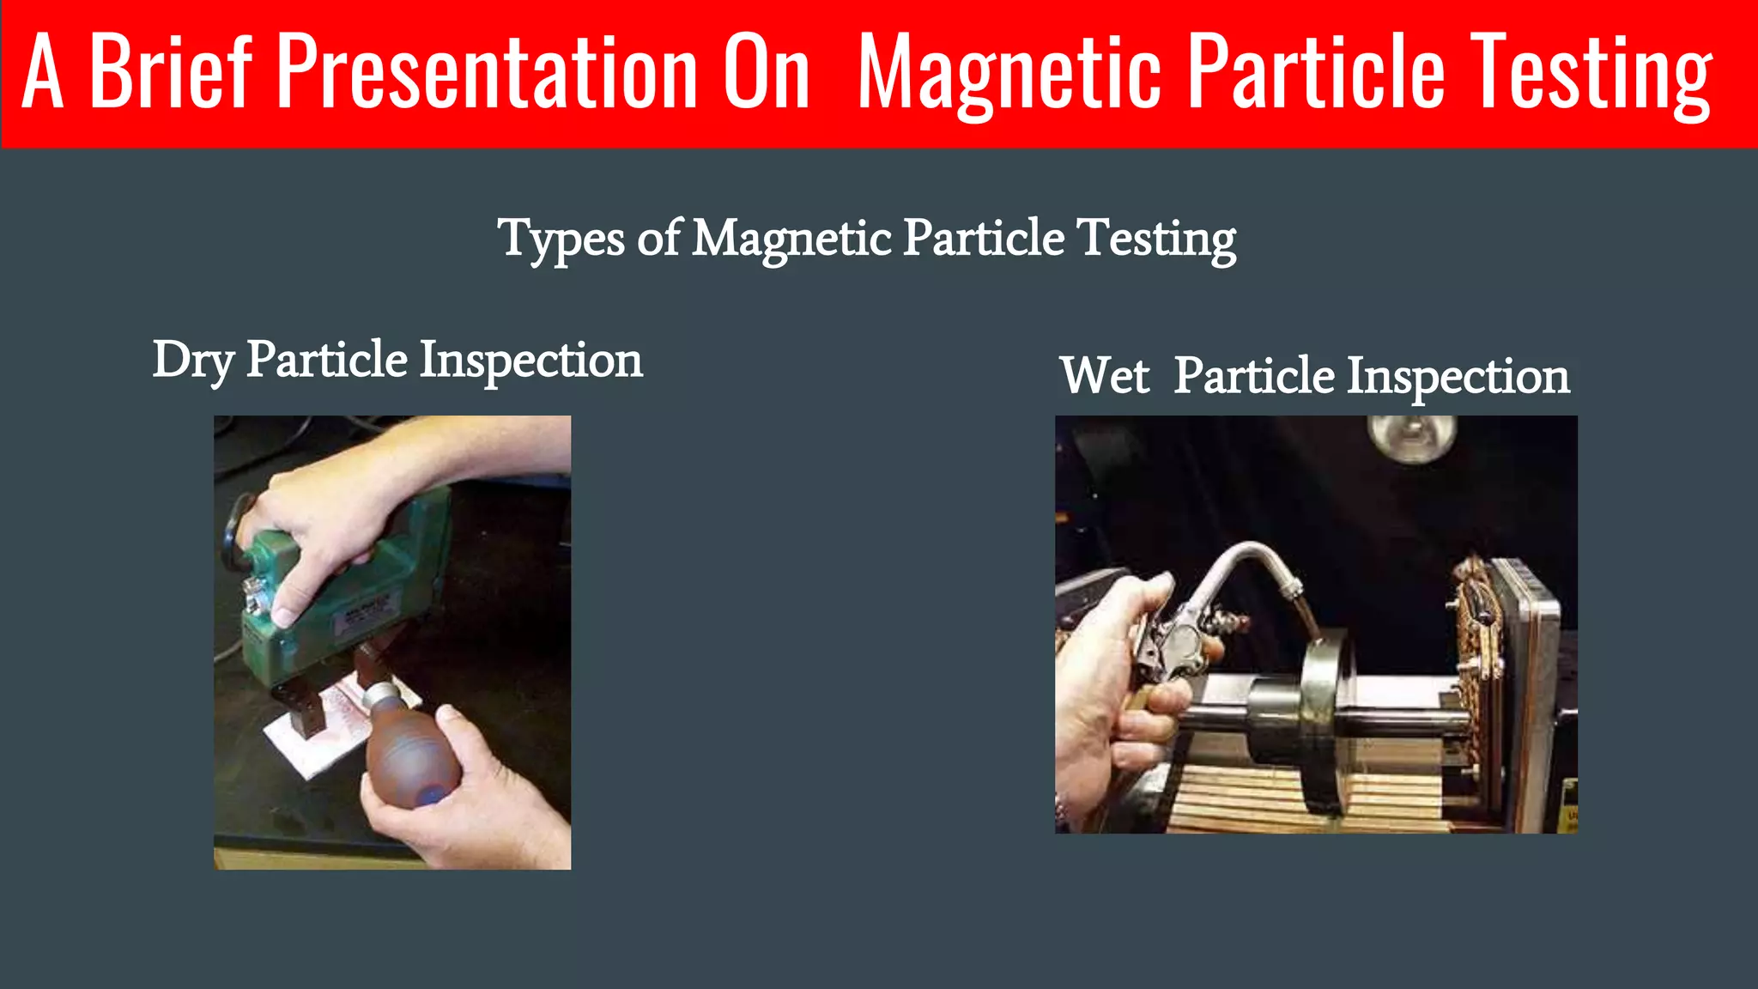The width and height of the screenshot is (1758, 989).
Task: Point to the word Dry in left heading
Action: (192, 361)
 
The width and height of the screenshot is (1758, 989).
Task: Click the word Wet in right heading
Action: (1104, 376)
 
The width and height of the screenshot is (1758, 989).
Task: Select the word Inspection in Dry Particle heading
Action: (530, 361)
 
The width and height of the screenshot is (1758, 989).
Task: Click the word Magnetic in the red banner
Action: (1009, 76)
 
